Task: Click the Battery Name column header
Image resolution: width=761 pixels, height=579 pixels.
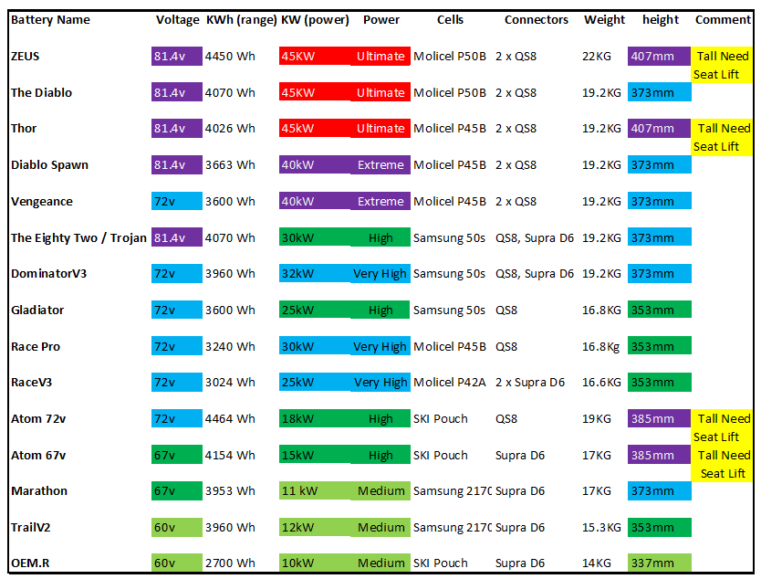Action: coord(50,19)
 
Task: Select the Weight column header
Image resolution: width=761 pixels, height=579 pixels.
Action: coord(605,19)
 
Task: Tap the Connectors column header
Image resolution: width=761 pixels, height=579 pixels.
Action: coord(537,19)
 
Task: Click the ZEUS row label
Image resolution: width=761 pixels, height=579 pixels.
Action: coord(26,57)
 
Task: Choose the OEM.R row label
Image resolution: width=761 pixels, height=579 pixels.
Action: coord(30,563)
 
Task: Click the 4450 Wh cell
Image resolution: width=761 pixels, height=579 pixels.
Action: coord(230,57)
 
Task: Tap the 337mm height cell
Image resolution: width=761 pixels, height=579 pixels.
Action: coord(653,563)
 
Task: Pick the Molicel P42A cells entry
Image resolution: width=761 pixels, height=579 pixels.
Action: coord(450,383)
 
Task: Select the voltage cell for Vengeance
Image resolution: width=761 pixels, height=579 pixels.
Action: coord(176,202)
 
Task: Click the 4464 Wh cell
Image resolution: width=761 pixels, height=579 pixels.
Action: coord(230,419)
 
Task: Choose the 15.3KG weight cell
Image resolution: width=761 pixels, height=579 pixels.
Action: coord(601,528)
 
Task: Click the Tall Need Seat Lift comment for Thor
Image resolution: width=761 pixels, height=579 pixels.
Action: coord(722,138)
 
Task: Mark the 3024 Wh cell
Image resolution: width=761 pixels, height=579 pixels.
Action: coord(230,383)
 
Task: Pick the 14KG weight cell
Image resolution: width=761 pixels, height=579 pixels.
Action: coord(597,563)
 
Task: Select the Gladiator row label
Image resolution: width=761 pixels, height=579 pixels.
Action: coord(37,311)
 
